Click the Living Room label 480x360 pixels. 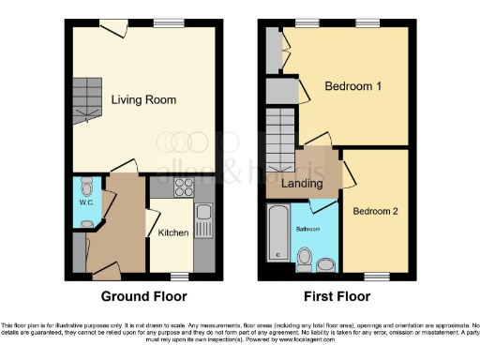[x=144, y=99]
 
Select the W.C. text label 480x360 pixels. [x=84, y=202]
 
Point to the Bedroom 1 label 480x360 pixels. [x=353, y=86]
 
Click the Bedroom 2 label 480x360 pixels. [x=376, y=212]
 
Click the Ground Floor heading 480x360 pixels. [x=139, y=296]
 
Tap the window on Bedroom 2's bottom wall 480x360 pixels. [x=377, y=276]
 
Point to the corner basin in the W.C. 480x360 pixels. [x=85, y=223]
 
